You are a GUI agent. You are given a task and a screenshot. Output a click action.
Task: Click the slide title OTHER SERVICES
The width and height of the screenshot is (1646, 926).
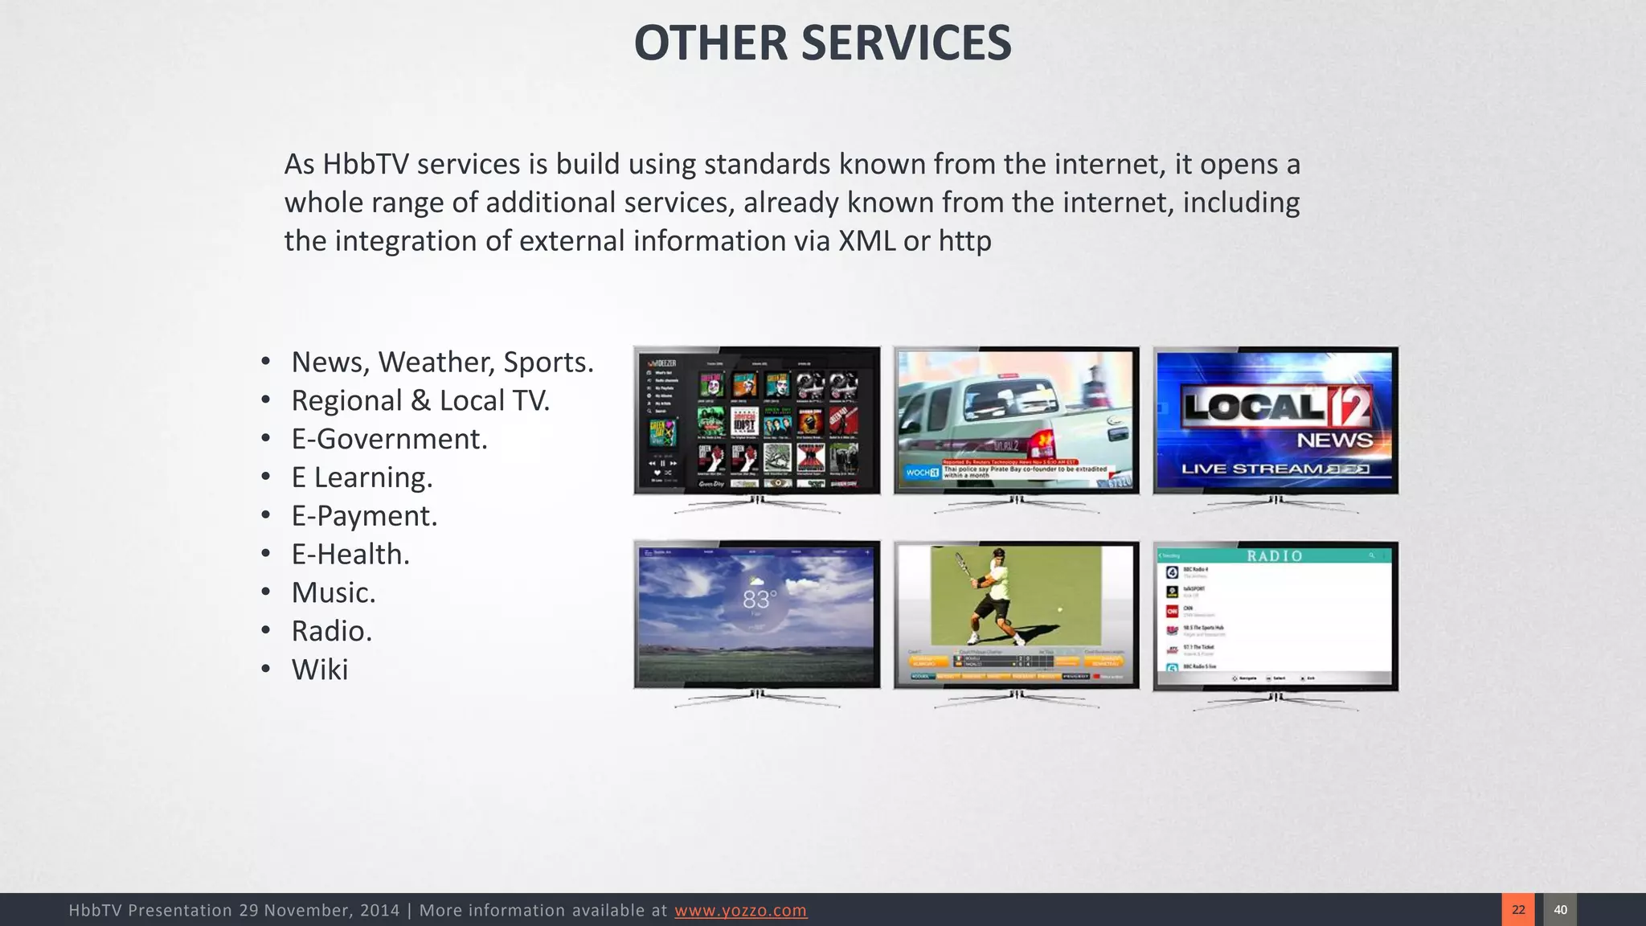pyautogui.click(x=822, y=43)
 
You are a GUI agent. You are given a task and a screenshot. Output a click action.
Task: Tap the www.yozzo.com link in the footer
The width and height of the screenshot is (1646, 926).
pyautogui.click(x=740, y=910)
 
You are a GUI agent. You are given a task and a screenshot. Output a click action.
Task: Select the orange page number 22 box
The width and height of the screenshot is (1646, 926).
pyautogui.click(x=1517, y=910)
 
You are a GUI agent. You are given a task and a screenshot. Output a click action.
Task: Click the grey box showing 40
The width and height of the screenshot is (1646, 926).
pyautogui.click(x=1560, y=910)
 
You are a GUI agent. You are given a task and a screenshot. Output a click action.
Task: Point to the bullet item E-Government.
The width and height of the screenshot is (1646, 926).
pyautogui.click(x=389, y=439)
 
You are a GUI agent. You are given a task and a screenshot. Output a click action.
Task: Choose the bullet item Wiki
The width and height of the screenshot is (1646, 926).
pyautogui.click(x=320, y=670)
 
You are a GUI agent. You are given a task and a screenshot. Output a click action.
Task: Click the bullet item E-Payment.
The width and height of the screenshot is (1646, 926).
pyautogui.click(x=364, y=516)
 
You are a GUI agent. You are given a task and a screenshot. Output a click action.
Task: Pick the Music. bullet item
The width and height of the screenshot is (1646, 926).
pyautogui.click(x=334, y=592)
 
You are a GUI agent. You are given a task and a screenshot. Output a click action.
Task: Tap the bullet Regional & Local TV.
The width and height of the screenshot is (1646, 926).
pyautogui.click(x=420, y=400)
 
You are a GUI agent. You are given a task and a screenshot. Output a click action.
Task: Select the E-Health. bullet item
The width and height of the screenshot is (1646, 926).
pyautogui.click(x=350, y=555)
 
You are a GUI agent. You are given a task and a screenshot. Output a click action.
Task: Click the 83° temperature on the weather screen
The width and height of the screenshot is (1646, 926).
pyautogui.click(x=759, y=600)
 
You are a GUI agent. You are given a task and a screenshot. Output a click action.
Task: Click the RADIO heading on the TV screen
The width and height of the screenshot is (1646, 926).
pyautogui.click(x=1275, y=555)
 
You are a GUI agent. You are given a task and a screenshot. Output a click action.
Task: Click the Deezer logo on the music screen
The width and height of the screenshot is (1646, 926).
pyautogui.click(x=664, y=363)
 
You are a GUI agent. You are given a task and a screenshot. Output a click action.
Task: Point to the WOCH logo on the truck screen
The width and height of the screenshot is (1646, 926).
pyautogui.click(x=921, y=473)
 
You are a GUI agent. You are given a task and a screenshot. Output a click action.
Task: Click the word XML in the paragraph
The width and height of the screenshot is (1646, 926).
pyautogui.click(x=866, y=241)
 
